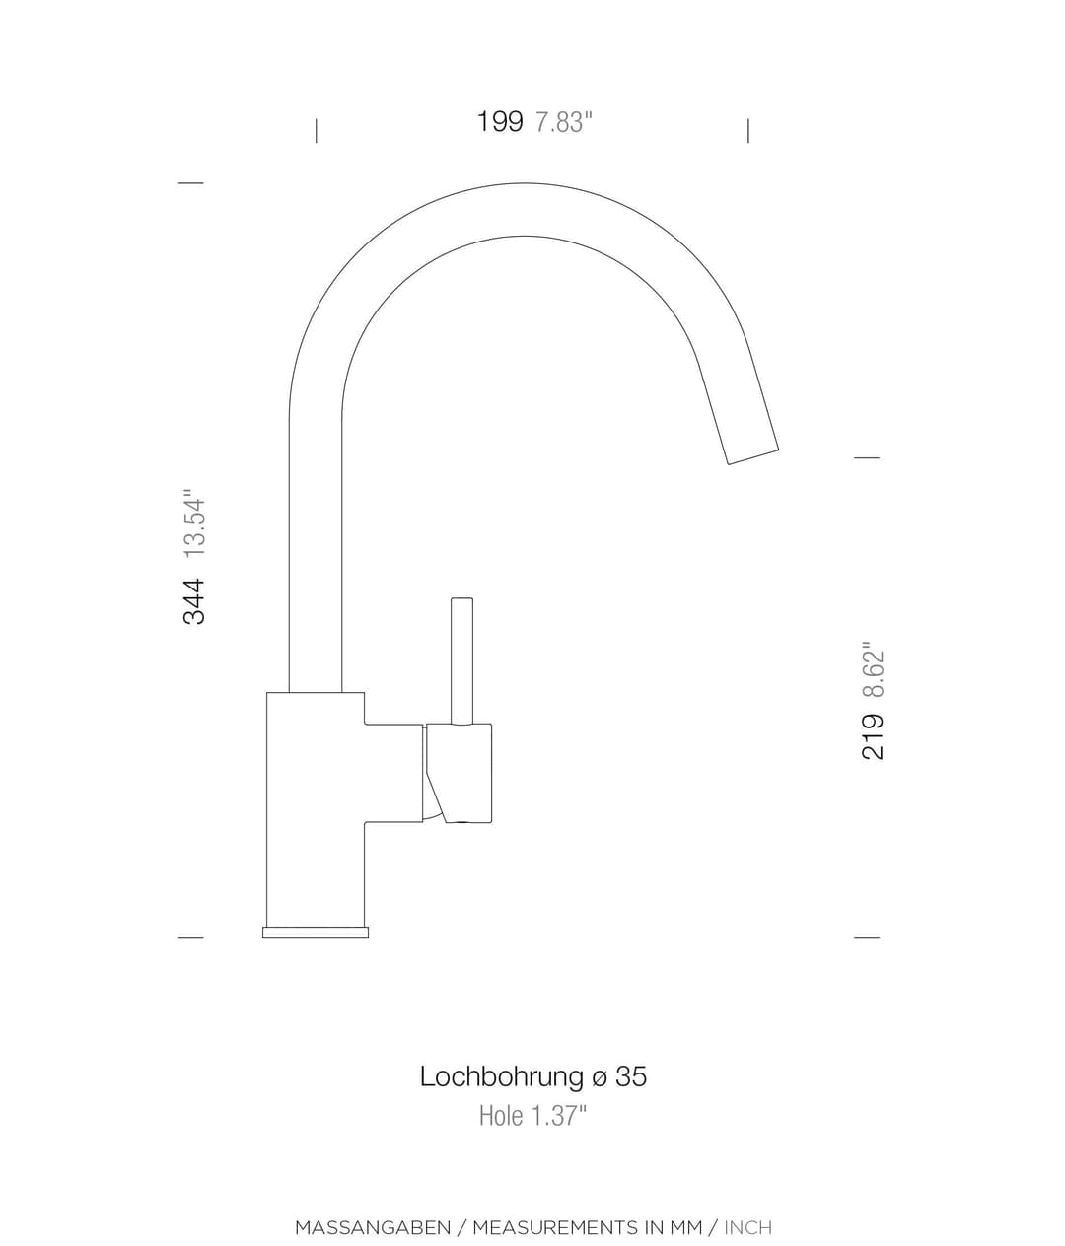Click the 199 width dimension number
pos(500,121)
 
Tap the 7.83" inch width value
pos(564,122)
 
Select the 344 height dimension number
pos(194,601)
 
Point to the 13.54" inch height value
pos(194,522)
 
